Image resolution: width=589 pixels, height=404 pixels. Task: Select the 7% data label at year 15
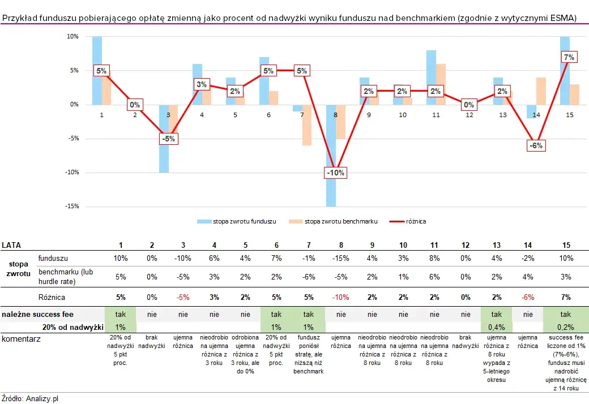(x=569, y=57)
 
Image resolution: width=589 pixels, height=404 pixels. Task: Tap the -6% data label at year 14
(x=536, y=145)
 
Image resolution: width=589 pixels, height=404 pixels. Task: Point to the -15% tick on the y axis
(x=72, y=207)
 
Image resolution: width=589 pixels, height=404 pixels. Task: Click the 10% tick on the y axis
(x=72, y=37)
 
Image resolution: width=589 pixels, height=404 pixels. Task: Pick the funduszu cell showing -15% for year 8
(x=341, y=258)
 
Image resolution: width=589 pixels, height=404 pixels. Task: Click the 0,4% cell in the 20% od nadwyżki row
(x=497, y=326)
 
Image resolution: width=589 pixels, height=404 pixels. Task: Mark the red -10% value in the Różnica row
(x=341, y=297)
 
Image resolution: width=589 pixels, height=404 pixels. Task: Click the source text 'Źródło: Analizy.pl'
(x=30, y=398)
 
